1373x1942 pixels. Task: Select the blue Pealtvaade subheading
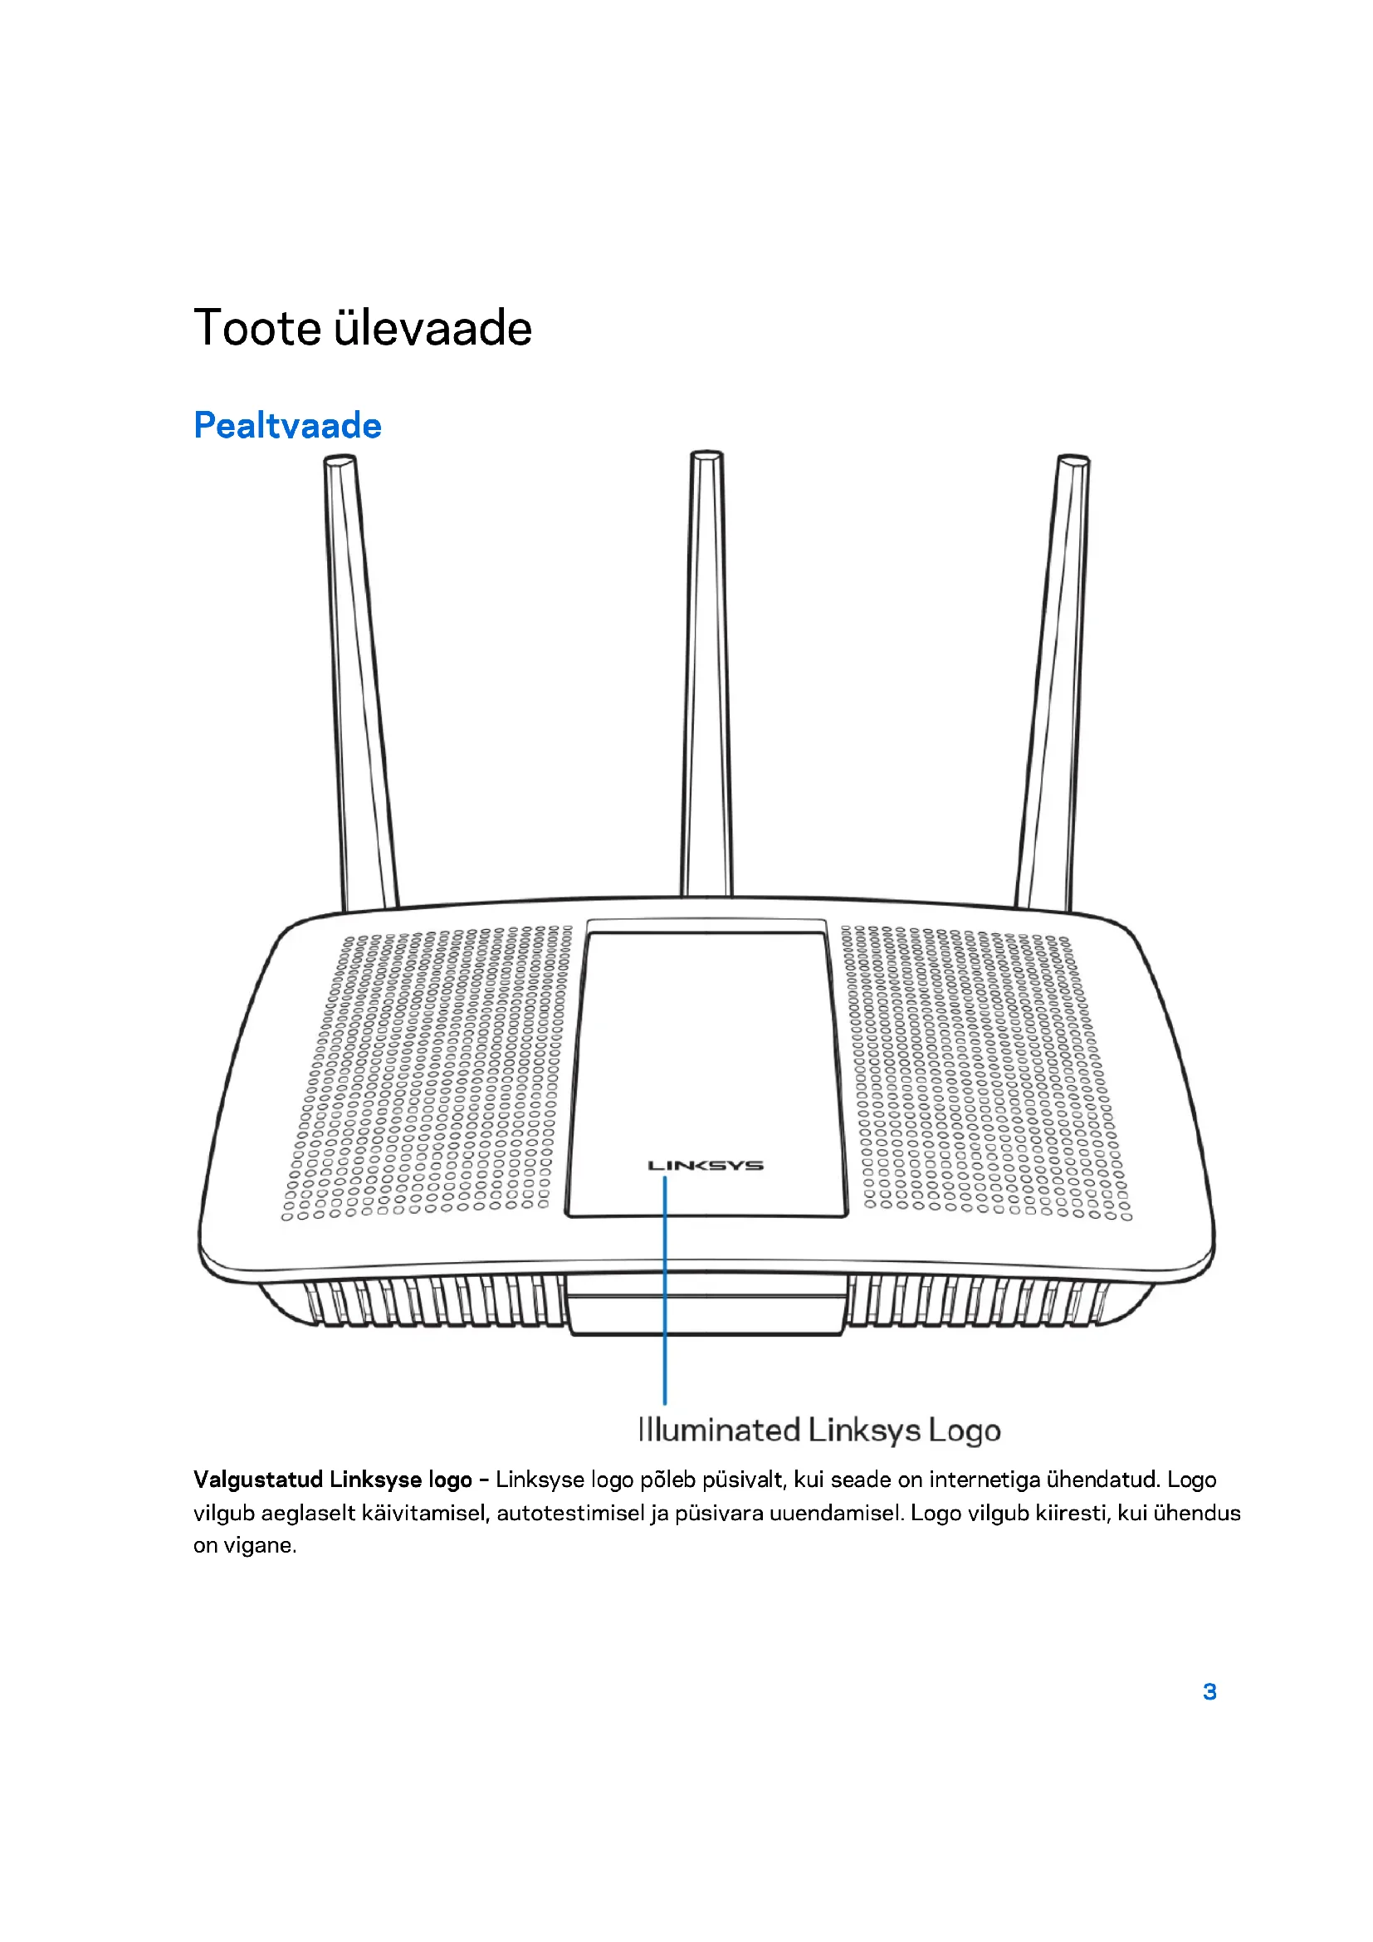point(287,425)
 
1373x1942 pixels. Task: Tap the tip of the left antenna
point(339,462)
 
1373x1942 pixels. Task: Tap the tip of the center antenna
point(706,457)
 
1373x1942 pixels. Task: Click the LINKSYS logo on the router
point(705,1166)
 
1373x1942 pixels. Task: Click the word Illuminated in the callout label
point(719,1431)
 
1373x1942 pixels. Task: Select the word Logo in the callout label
point(965,1431)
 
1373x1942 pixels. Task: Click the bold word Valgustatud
point(258,1480)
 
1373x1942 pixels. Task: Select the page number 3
point(1209,1690)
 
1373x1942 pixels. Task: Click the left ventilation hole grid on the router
point(423,1074)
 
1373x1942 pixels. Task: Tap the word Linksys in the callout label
point(864,1431)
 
